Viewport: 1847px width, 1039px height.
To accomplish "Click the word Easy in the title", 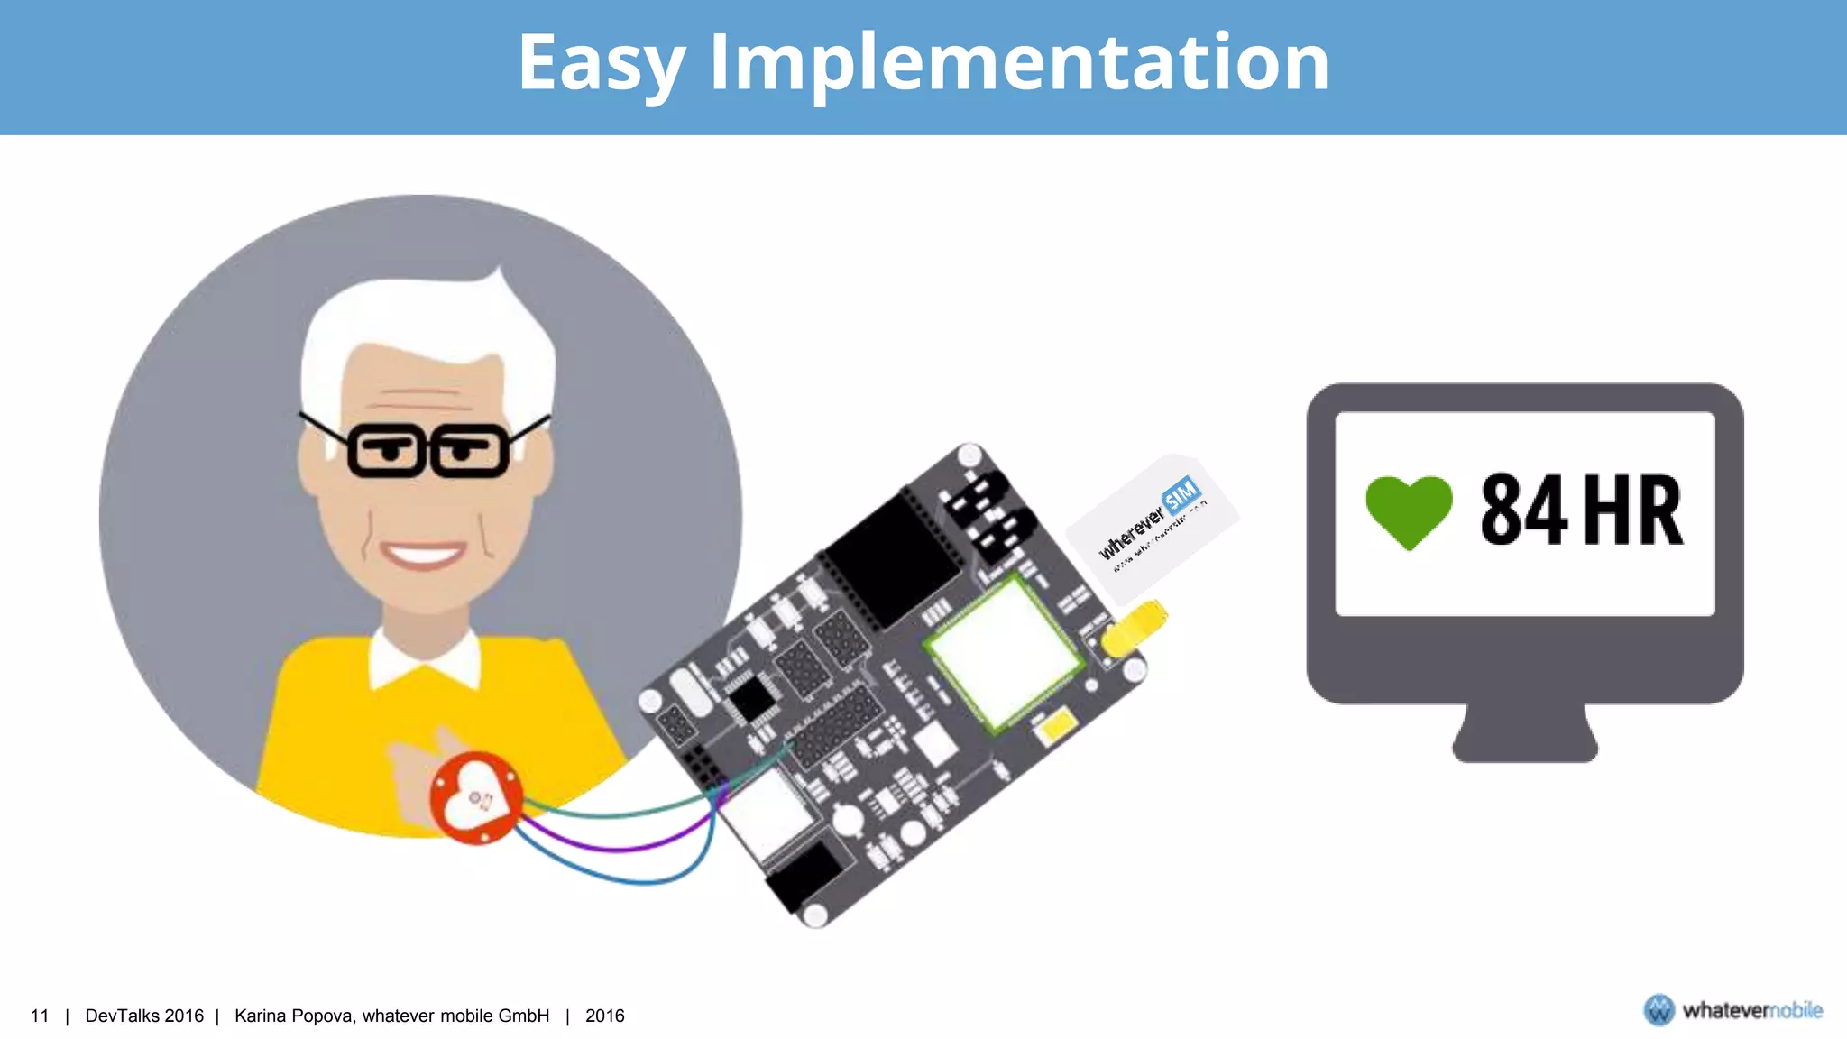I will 601,63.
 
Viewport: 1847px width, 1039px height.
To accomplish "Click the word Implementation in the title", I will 1019,63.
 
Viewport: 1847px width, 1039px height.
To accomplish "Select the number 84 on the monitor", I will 1524,510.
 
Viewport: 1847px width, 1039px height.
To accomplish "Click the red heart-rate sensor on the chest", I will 475,797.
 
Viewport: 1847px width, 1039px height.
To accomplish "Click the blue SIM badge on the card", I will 1181,494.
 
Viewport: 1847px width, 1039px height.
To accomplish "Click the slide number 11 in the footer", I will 40,1016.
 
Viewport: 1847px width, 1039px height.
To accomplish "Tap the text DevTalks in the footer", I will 123,1016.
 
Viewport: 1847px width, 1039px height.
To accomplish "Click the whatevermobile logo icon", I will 1659,1010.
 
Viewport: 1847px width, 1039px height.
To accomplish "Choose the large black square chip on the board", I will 893,559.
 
